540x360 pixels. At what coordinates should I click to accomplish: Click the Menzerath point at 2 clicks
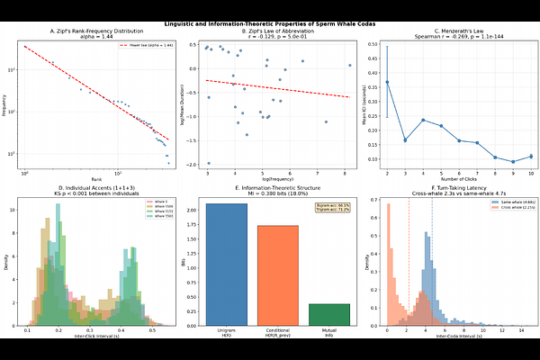tap(388, 82)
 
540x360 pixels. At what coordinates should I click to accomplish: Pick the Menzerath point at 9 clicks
tap(514, 162)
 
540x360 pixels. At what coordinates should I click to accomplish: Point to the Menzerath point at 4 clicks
tap(423, 120)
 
